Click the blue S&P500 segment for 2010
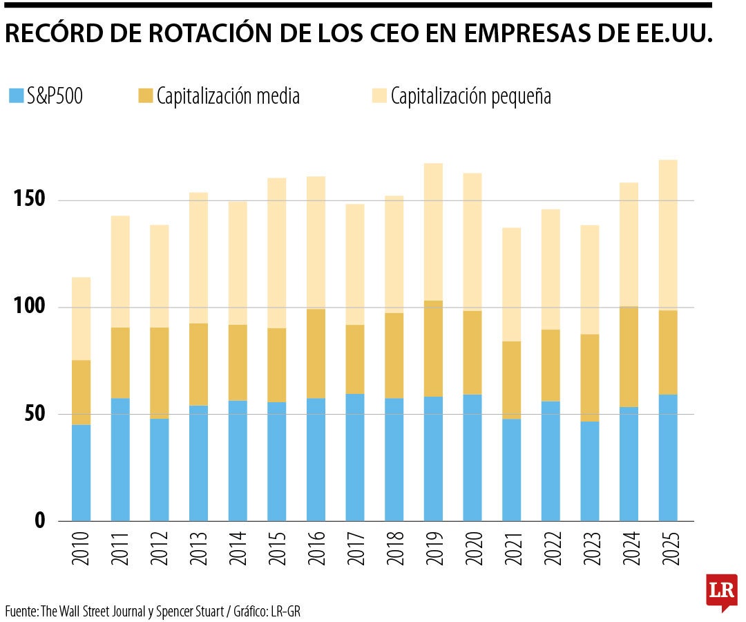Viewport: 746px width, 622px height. [81, 473]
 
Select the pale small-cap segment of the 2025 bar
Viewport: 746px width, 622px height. [668, 235]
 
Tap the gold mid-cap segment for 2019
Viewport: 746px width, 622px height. [433, 348]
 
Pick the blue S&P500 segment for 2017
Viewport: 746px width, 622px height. [355, 457]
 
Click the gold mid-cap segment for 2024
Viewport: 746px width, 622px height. [629, 357]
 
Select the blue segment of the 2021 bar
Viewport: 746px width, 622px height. [512, 470]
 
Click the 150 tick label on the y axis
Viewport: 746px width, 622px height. [30, 200]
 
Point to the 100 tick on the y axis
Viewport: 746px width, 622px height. [30, 307]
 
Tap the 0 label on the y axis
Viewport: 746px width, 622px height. [40, 521]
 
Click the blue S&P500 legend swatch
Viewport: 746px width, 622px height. [15, 96]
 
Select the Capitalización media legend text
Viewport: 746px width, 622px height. [228, 96]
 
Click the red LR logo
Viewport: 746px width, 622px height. [721, 591]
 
